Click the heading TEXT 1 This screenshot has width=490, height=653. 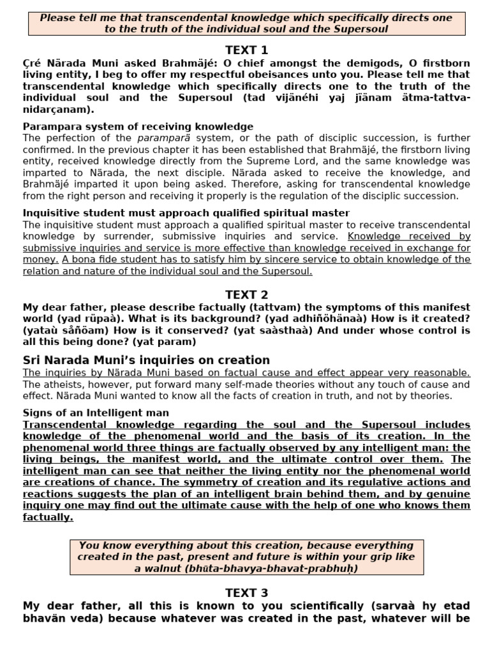pos(246,50)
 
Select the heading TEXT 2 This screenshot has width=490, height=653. pos(246,295)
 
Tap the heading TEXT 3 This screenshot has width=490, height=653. pos(246,593)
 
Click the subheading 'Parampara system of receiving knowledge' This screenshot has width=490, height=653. pos(138,126)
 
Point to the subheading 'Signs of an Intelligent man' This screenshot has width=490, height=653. pos(96,413)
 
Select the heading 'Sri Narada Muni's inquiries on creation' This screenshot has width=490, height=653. pos(146,360)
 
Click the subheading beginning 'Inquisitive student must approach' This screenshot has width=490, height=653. pos(186,213)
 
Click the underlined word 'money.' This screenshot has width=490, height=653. pos(41,260)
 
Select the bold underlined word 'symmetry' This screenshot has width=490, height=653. pos(242,482)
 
